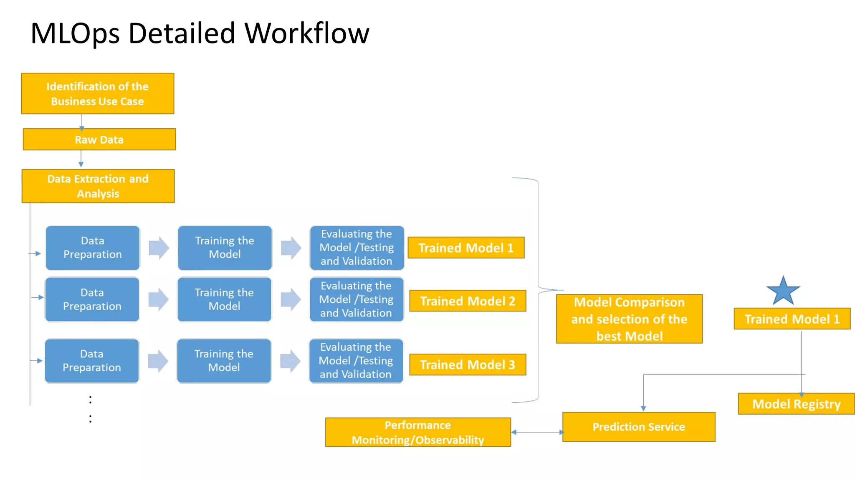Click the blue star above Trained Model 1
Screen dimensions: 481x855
pos(783,291)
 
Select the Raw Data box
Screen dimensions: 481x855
pos(99,139)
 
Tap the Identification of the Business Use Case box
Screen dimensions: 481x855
pos(98,94)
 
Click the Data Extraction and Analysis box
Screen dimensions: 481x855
pos(98,186)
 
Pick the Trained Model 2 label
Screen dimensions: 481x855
pos(468,301)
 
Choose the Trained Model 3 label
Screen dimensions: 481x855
pos(468,365)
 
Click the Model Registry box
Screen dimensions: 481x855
pos(796,404)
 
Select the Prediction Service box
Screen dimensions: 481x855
pos(639,427)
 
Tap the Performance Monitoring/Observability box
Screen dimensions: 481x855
pos(418,432)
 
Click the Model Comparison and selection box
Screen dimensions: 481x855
pos(629,319)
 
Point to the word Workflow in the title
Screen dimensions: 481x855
pos(307,33)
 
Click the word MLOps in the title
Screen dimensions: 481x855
pos(75,33)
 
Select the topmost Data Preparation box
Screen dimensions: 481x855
pos(93,248)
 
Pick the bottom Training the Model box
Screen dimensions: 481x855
pos(224,361)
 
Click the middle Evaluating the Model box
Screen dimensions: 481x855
pos(356,299)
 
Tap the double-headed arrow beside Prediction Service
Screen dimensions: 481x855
pos(537,432)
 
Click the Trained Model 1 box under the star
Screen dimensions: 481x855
pos(792,319)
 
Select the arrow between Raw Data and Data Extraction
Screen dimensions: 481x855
pos(81,159)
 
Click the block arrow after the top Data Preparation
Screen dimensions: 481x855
pos(159,248)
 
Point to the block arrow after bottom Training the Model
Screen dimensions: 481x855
pos(291,361)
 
